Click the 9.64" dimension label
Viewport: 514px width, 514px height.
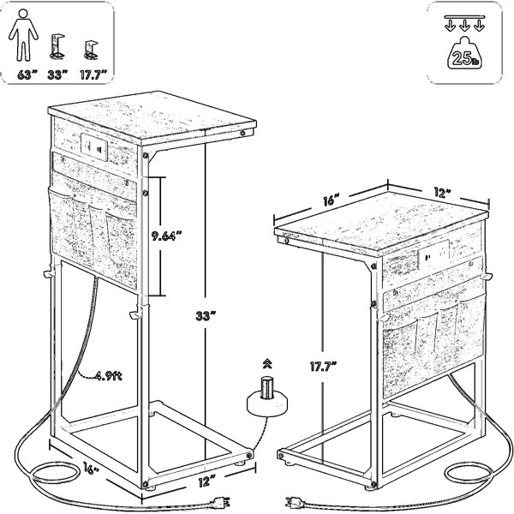pos(166,236)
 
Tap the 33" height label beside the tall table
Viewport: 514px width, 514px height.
pos(206,317)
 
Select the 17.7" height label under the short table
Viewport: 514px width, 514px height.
pos(324,367)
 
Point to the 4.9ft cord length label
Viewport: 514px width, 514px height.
pos(109,376)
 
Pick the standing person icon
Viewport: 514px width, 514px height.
pos(23,35)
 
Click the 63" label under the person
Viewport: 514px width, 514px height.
pos(27,75)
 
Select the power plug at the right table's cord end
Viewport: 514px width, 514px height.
pos(294,501)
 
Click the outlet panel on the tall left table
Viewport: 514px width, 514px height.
pos(94,146)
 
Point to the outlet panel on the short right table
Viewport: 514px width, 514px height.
pos(434,252)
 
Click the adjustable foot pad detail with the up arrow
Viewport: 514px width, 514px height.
pos(267,397)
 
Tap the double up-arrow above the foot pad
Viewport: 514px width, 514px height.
pos(267,363)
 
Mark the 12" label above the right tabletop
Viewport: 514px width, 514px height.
pos(441,193)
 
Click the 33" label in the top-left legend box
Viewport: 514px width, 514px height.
pos(57,75)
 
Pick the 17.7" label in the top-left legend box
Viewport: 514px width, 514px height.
pos(94,75)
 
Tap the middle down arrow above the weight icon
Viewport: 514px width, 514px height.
pos(464,26)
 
